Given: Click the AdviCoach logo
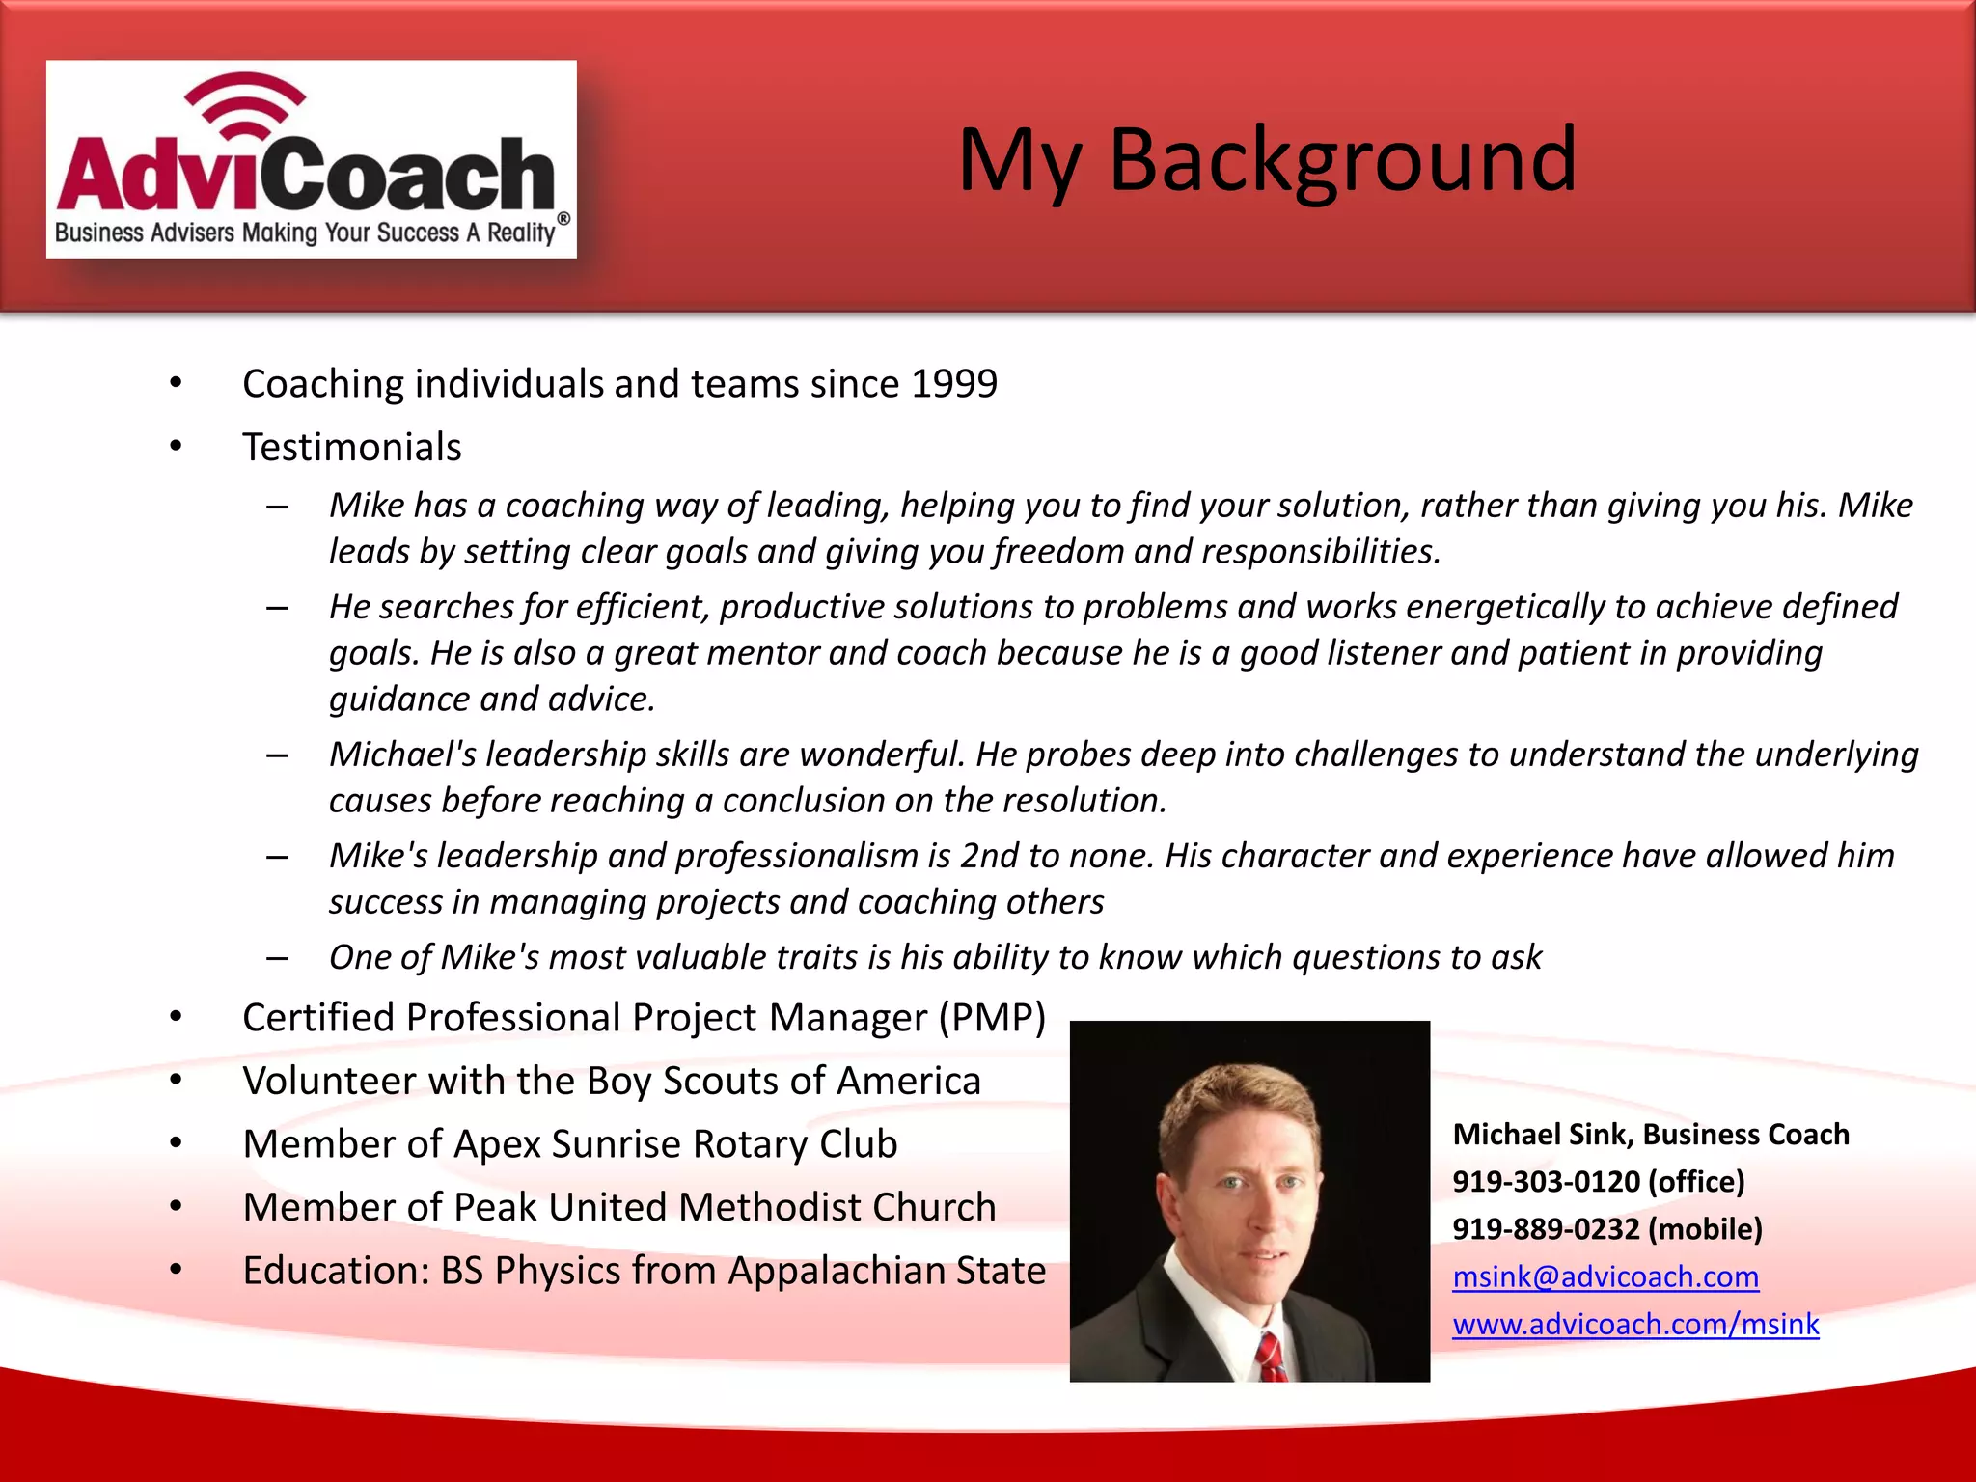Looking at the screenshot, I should click(311, 160).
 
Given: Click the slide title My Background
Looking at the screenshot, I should click(1266, 160).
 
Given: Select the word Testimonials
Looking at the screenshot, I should click(352, 448).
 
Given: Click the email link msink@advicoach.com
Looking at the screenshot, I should click(1605, 1276).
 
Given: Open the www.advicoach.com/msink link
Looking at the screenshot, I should click(1635, 1324).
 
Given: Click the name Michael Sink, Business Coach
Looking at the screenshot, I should click(1650, 1135).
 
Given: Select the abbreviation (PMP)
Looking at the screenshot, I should click(993, 1018).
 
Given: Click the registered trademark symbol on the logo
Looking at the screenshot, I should click(563, 219).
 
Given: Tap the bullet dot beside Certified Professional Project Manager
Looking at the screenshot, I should click(176, 1017).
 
